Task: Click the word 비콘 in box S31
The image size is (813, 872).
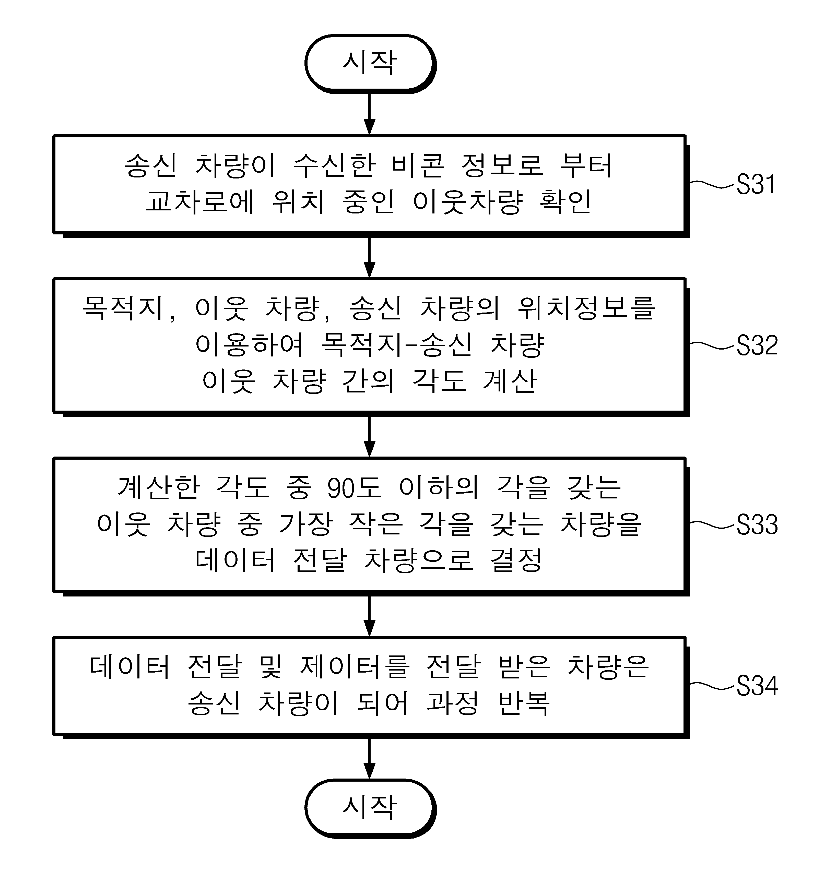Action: [418, 166]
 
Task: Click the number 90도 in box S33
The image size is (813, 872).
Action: [355, 488]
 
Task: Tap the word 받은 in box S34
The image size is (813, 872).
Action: [524, 667]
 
